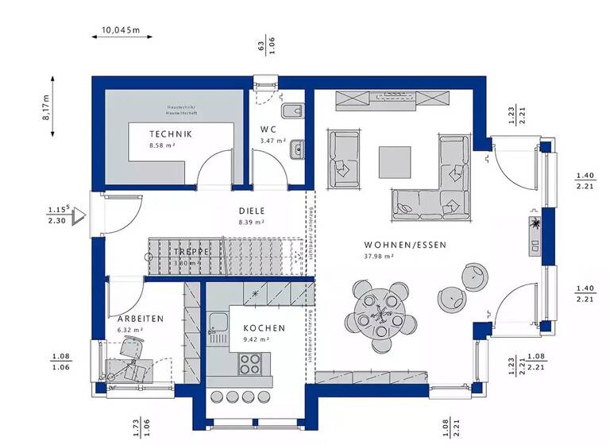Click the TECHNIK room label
point(171,134)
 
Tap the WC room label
point(268,130)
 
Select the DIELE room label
point(251,211)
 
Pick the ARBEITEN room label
point(141,319)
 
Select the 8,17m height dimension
point(45,106)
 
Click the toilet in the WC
point(291,111)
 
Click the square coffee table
point(395,162)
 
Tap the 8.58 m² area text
point(162,146)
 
